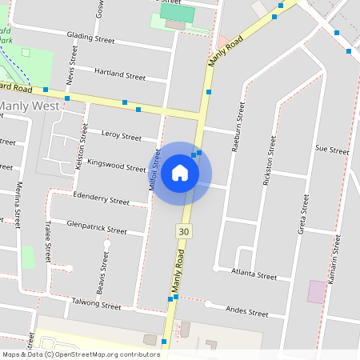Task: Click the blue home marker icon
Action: click(x=180, y=173)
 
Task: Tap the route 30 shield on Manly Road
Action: click(x=185, y=230)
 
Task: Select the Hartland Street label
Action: click(x=119, y=75)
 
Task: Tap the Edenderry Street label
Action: click(x=100, y=198)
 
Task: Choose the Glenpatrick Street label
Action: click(x=97, y=226)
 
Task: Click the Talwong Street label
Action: click(x=95, y=304)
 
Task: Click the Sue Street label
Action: click(x=332, y=150)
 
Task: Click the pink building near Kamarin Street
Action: click(x=317, y=291)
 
